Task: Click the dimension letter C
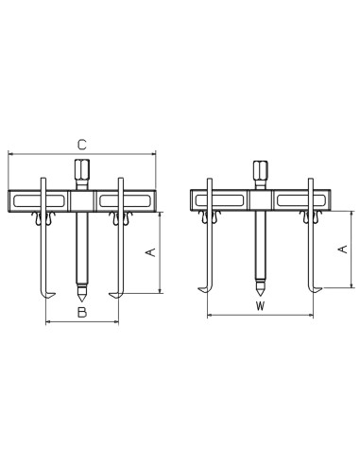82,144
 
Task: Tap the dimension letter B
82,311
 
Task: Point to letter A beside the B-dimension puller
147,251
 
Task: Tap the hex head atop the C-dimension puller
81,175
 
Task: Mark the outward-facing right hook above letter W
312,287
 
